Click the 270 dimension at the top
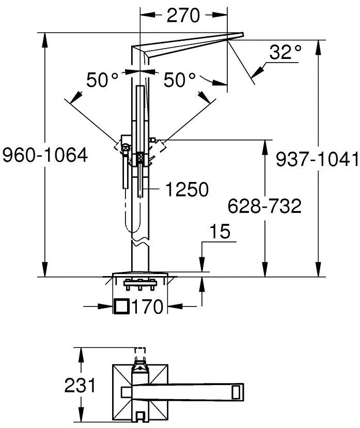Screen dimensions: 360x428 click(183, 16)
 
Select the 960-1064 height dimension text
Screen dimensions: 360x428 click(45, 155)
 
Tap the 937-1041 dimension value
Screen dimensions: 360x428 click(318, 159)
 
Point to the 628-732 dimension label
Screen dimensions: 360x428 click(264, 206)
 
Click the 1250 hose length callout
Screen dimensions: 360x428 click(187, 189)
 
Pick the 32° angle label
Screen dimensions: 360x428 click(286, 52)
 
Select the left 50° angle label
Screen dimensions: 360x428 click(102, 80)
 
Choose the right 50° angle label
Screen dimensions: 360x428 click(180, 80)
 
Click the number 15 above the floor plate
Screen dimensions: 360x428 click(220, 232)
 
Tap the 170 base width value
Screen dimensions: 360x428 click(148, 307)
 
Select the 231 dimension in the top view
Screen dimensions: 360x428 click(80, 386)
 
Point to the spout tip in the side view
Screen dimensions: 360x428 click(243, 34)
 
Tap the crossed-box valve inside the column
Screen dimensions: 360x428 click(140, 158)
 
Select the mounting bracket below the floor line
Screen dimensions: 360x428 click(140, 284)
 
